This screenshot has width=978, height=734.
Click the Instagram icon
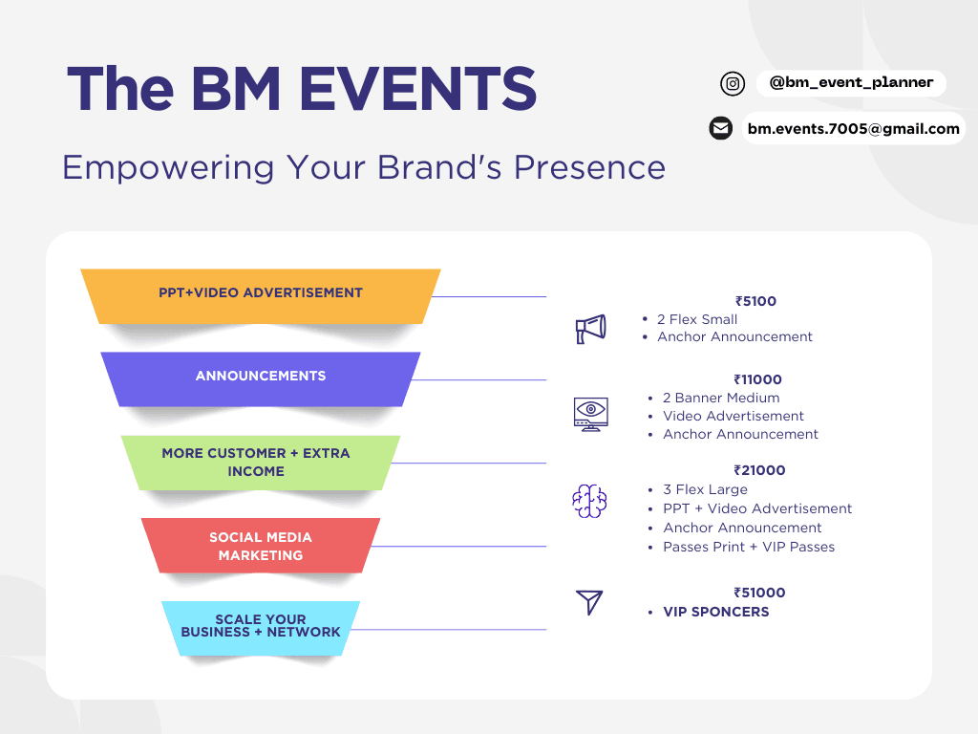coord(733,84)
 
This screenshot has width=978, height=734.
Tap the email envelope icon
coord(720,128)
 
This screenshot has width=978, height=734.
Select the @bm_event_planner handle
coord(851,83)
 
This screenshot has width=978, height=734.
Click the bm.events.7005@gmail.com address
coord(853,128)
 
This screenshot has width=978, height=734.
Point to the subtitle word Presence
coord(589,167)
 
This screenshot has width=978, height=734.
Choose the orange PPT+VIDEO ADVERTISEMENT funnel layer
coord(261,293)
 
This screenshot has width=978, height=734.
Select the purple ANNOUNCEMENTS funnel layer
coord(261,377)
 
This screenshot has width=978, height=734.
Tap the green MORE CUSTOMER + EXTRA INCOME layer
coord(256,462)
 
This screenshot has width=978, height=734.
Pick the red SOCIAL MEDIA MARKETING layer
coord(261,546)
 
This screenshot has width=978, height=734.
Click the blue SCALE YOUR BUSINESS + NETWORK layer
coord(261,626)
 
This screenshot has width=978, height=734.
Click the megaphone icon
coord(590,329)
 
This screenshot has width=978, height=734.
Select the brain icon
coord(589,501)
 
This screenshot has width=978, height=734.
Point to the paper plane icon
coord(589,602)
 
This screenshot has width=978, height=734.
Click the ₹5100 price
coord(755,301)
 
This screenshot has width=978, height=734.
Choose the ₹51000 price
coord(759,593)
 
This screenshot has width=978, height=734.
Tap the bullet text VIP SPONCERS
coord(715,612)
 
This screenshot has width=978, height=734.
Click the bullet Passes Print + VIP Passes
coord(749,547)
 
